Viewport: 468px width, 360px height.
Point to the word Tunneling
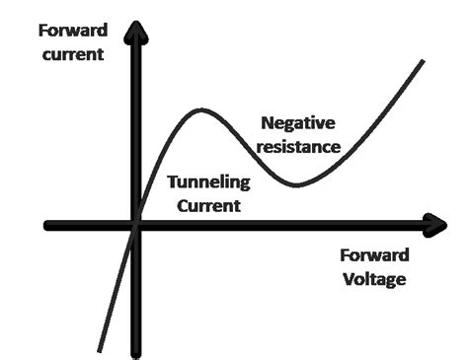208,182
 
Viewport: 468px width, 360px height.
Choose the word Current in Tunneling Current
208,206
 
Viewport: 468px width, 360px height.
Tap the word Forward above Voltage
374,254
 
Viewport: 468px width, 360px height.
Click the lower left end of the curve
99,349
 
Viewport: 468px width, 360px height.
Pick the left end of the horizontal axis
48,225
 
